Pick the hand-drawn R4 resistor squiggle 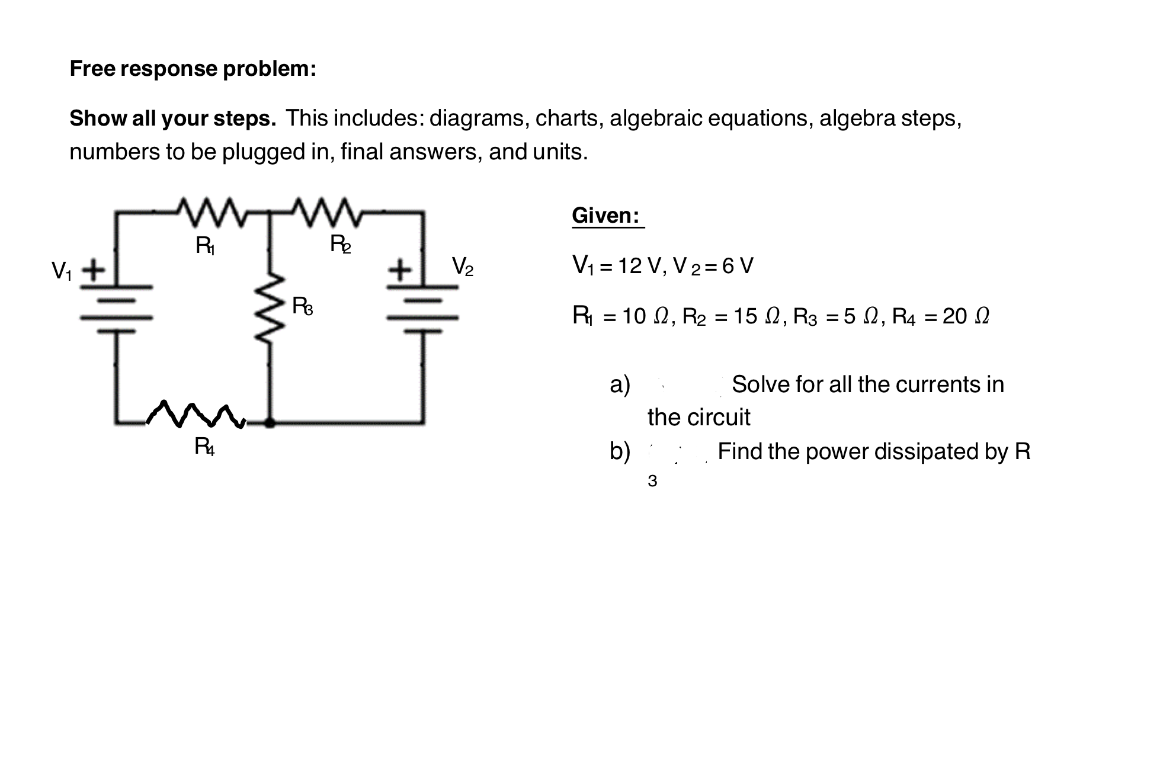(196, 415)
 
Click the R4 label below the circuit (204, 447)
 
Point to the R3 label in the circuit (302, 307)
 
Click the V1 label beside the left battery (62, 271)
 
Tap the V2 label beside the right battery (463, 266)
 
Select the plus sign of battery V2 (400, 271)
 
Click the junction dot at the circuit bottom (270, 423)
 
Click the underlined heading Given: (605, 216)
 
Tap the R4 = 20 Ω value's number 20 (954, 317)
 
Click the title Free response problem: (193, 69)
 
